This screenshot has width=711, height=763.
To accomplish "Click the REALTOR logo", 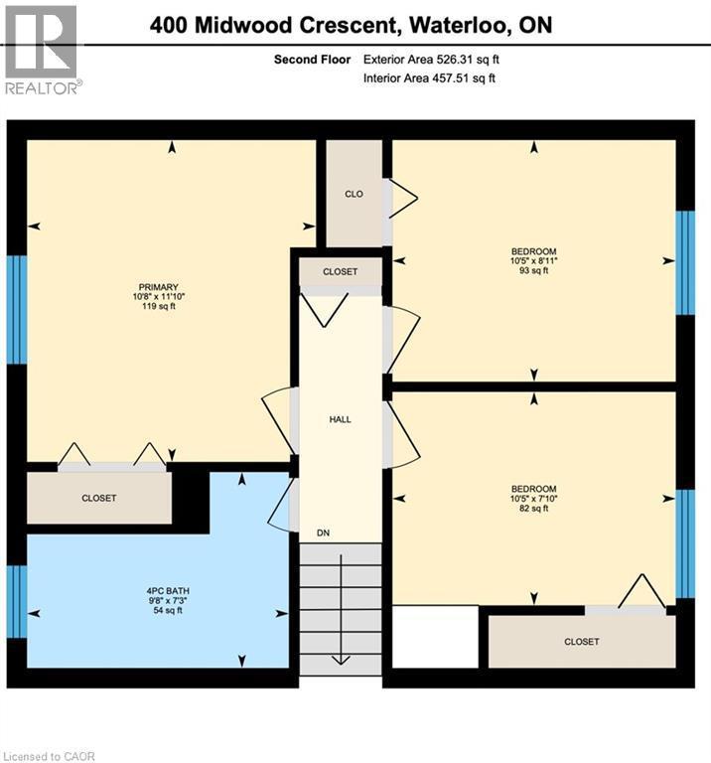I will [41, 49].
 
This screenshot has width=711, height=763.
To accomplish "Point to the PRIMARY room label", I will [159, 287].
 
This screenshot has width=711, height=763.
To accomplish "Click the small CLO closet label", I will [354, 194].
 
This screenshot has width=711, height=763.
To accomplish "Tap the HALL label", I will [340, 419].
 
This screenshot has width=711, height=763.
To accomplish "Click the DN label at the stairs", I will [323, 534].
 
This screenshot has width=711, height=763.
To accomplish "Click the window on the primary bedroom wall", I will [17, 309].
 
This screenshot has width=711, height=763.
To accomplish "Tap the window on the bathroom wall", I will [17, 601].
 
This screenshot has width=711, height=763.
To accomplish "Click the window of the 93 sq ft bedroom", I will [685, 262].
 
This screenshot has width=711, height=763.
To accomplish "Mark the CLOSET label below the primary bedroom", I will [98, 498].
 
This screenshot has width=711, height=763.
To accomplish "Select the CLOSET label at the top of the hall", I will [340, 271].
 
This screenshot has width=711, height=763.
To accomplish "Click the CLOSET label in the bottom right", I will [581, 642].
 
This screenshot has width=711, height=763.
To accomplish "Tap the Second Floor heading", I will [312, 60].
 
